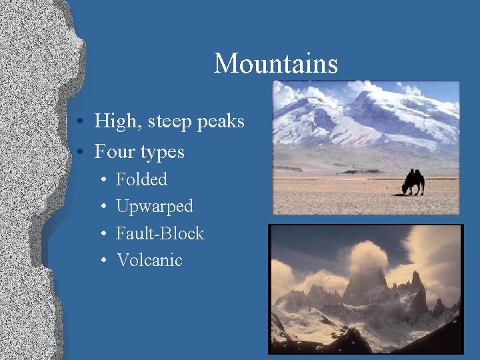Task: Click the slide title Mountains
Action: coord(275,64)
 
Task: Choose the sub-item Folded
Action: coord(141,179)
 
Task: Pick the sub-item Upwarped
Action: coord(155,207)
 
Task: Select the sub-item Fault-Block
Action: coord(160,233)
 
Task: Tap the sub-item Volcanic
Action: coord(149,260)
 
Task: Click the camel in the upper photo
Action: coord(413,181)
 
